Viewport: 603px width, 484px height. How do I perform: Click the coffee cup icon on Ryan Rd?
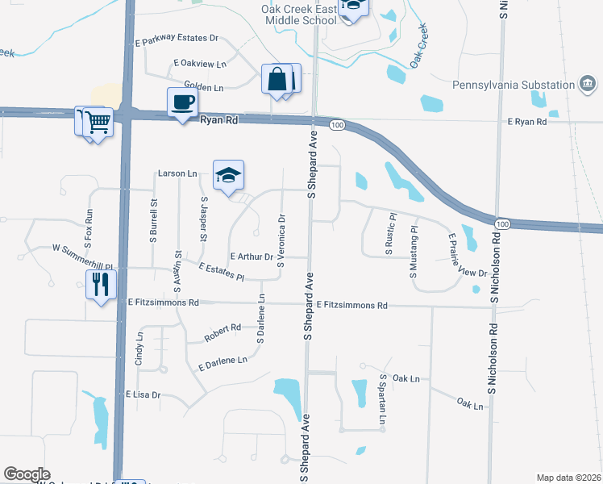(182, 102)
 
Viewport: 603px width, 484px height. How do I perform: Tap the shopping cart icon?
(98, 123)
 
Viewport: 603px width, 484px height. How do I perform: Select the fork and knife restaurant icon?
(102, 285)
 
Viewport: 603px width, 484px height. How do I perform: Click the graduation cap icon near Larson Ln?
(228, 175)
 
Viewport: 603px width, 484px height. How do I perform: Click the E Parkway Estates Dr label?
(177, 38)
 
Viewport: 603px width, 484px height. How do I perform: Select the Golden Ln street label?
(203, 86)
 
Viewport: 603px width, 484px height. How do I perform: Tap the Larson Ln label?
(177, 173)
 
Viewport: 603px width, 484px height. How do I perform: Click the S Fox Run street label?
(89, 228)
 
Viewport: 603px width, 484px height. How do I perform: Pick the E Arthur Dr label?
(252, 257)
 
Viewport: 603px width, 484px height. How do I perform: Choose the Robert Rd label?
(222, 328)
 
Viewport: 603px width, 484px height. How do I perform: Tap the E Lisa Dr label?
(143, 395)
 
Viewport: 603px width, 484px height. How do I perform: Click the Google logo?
(27, 474)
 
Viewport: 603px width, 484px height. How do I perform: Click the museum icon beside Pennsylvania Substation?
(588, 82)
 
